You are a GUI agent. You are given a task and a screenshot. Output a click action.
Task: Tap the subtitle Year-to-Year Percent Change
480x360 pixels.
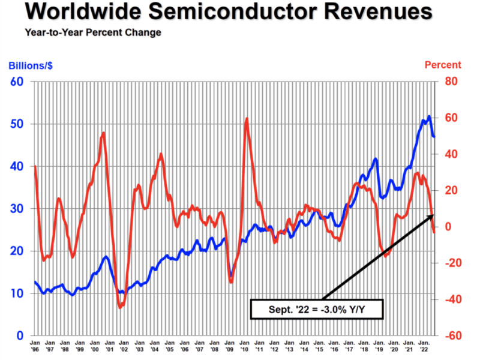(93, 32)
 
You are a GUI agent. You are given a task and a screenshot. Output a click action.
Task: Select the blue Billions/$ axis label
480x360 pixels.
(31, 65)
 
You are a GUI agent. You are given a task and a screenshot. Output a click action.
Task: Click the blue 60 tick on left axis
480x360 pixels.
(17, 81)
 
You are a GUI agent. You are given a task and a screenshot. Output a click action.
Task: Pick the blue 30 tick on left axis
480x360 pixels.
(17, 208)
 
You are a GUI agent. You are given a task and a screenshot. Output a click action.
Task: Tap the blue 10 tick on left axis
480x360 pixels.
(17, 293)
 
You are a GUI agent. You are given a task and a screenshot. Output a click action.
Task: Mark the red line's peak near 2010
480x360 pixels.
(247, 119)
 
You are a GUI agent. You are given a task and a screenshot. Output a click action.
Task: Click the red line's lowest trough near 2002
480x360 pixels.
(121, 307)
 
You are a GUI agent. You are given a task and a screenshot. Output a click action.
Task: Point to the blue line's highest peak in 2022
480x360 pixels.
(429, 116)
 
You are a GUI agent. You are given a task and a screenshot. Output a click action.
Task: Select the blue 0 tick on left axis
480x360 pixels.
(20, 335)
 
